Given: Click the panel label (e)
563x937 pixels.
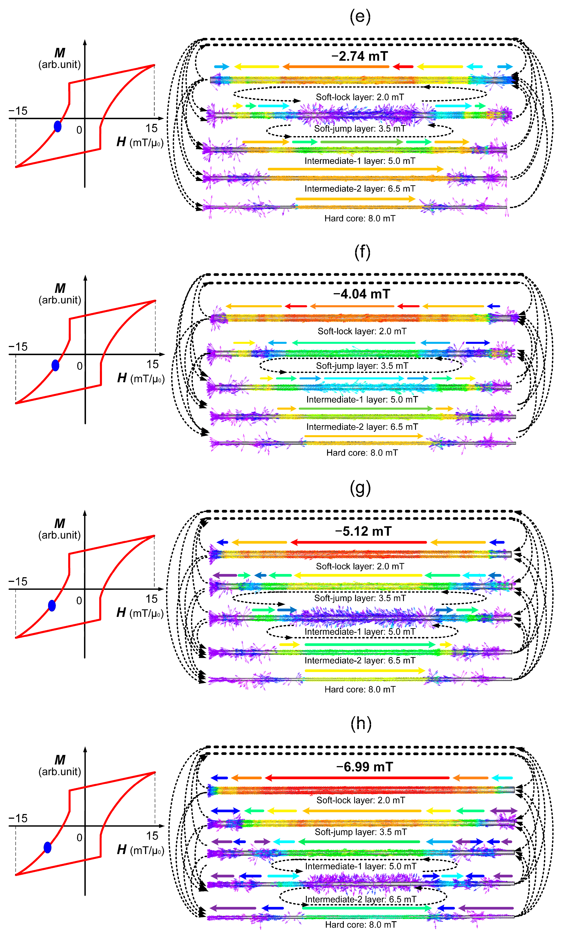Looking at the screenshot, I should click(x=360, y=17).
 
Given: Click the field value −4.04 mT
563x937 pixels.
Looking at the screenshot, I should click(x=362, y=294).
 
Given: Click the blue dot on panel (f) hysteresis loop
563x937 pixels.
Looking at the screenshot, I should click(x=55, y=365).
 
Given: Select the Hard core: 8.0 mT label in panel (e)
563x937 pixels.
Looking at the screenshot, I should click(x=360, y=218).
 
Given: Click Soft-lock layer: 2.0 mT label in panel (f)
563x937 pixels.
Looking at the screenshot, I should click(x=362, y=331).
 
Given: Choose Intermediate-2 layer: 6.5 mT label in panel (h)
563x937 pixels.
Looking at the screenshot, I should click(x=360, y=899).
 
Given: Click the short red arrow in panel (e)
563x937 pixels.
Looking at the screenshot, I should click(x=403, y=67).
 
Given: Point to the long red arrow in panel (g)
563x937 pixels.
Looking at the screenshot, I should click(x=359, y=543).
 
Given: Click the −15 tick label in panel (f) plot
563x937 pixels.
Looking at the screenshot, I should click(x=18, y=347).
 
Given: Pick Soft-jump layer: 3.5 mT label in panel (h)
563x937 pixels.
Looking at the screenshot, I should click(x=360, y=832).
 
